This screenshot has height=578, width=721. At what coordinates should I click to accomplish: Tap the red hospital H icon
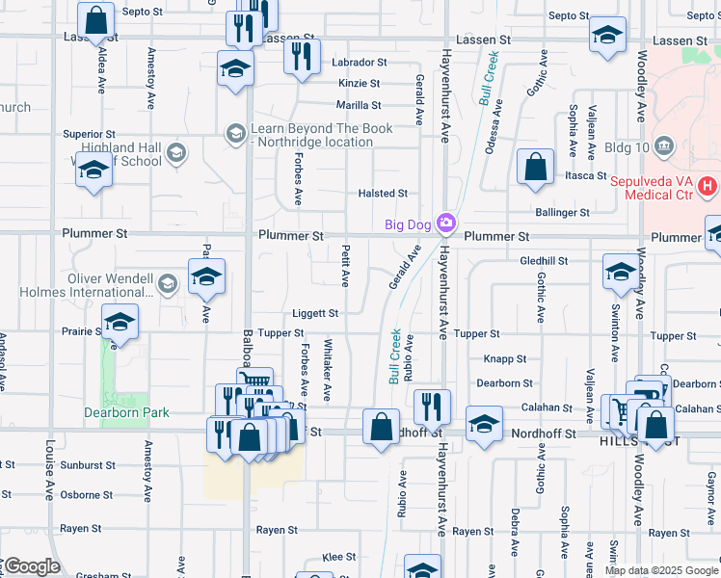pos(708,184)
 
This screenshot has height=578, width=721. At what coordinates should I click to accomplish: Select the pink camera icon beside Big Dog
pos(445,224)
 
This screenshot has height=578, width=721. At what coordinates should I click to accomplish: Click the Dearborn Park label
pos(127,412)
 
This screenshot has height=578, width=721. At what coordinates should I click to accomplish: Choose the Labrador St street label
pos(359,62)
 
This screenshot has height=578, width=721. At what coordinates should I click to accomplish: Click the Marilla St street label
pos(359,105)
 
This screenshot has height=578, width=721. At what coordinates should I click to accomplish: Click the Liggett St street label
pos(315,313)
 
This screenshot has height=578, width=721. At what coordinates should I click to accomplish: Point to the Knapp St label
pos(505,358)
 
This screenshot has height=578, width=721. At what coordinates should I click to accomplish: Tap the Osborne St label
pos(87,495)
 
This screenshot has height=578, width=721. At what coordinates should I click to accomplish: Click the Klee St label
pos(338,557)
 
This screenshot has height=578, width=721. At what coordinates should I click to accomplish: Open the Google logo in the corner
pos(32,565)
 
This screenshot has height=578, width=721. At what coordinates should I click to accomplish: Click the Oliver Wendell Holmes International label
pos(111,285)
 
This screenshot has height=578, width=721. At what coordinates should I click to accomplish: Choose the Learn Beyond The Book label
pos(321,135)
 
